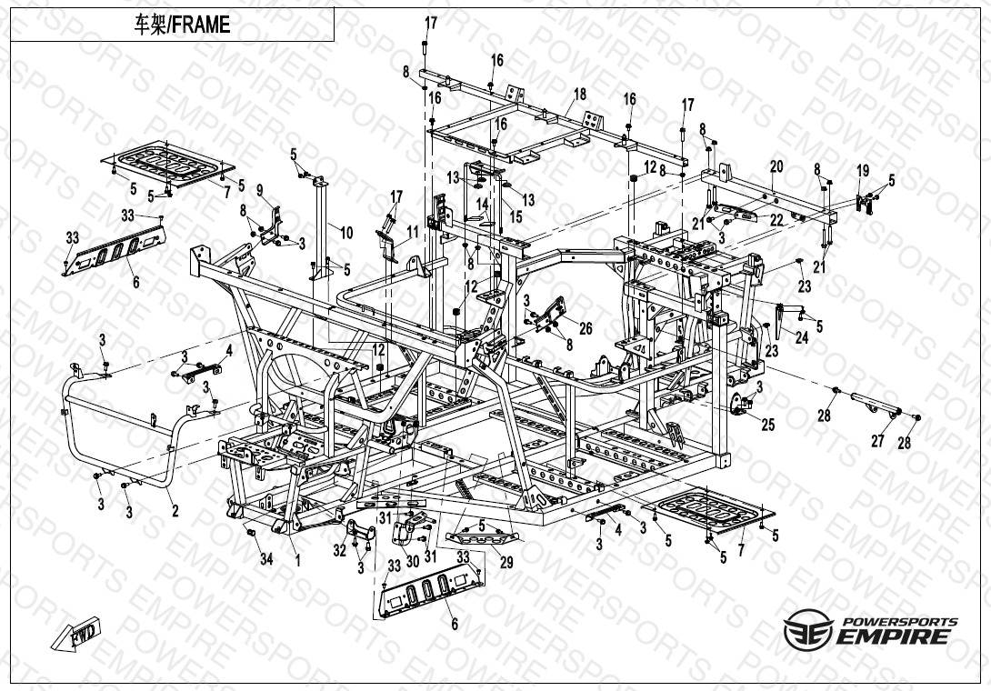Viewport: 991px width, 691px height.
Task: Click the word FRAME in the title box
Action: click(x=201, y=25)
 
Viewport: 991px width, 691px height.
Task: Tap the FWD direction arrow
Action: click(x=75, y=633)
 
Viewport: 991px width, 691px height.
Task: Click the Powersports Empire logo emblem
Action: click(x=807, y=629)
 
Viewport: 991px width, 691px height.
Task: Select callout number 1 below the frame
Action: click(x=297, y=559)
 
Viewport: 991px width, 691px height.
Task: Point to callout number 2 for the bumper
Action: click(x=175, y=511)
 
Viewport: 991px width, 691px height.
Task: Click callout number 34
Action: click(x=266, y=558)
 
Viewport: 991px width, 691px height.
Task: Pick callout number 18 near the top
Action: click(x=579, y=95)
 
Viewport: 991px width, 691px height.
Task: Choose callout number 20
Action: click(x=776, y=166)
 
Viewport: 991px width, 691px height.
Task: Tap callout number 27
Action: click(x=877, y=441)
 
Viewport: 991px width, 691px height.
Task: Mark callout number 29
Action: click(x=506, y=562)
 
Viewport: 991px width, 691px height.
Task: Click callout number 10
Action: click(x=346, y=233)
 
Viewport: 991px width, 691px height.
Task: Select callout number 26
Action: click(x=586, y=327)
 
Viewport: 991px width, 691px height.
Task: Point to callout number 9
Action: click(x=259, y=190)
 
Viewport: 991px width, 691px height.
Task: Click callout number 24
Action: click(x=801, y=337)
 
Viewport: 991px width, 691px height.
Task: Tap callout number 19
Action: click(x=863, y=171)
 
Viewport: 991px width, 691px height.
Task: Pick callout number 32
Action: click(x=339, y=550)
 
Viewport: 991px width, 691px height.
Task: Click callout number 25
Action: click(x=768, y=425)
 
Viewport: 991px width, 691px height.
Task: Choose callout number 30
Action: click(x=412, y=561)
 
